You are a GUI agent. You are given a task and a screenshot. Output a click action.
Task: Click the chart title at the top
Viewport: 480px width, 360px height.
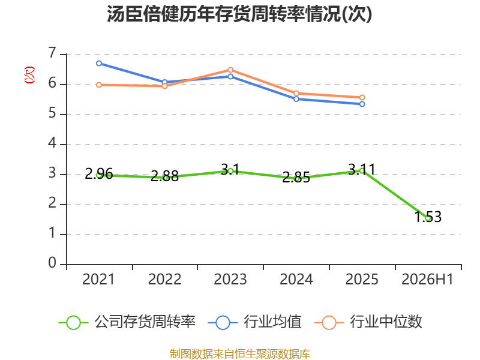tap(239, 14)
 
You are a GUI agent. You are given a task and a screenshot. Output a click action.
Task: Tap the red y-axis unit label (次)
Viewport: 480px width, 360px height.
tap(29, 75)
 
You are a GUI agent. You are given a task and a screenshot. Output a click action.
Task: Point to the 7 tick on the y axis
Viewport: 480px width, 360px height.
tap(52, 53)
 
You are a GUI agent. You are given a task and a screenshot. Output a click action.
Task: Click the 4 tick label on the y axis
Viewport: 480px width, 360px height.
tap(52, 143)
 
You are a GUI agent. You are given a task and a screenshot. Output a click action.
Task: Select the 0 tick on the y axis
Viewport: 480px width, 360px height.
tap(52, 263)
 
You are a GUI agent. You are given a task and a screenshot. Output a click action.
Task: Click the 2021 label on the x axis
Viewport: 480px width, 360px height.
tap(98, 279)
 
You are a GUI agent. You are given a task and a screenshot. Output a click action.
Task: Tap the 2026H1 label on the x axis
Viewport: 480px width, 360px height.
tap(427, 279)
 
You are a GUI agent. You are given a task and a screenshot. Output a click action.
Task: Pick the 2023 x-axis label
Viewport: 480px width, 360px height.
tap(230, 279)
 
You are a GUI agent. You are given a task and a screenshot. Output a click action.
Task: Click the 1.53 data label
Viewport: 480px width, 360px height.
tap(428, 217)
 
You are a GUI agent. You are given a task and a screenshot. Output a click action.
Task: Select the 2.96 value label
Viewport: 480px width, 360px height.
tap(99, 174)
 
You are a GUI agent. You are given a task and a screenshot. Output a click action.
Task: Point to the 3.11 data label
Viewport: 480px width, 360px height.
tap(362, 169)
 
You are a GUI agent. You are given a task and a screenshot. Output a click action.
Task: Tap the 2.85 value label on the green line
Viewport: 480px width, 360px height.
tap(296, 178)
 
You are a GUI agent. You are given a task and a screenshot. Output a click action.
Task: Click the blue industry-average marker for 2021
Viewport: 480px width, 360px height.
tap(99, 64)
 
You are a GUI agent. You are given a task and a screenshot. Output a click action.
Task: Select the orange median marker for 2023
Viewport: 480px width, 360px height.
tap(230, 70)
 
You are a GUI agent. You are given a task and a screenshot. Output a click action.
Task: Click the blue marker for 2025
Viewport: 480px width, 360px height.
tap(362, 104)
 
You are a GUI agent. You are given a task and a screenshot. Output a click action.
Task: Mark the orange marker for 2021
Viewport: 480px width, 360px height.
tap(99, 85)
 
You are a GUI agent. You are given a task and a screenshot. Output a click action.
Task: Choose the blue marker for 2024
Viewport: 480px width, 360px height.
tap(296, 99)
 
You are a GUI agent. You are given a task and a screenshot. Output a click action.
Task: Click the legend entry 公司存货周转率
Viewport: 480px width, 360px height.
tap(127, 322)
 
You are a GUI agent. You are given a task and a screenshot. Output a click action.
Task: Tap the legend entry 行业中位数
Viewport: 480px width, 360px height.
tap(368, 322)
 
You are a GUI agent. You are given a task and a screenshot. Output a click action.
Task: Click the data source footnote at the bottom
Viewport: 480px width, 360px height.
tap(240, 354)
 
